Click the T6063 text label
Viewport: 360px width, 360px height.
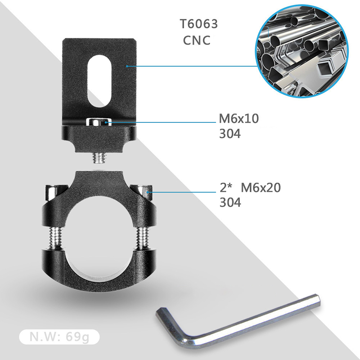pyautogui.click(x=199, y=24)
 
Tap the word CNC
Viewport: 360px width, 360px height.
pyautogui.click(x=197, y=40)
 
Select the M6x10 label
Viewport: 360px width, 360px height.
pyautogui.click(x=239, y=118)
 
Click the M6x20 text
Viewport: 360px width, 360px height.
pyautogui.click(x=261, y=188)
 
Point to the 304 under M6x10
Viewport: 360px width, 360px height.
pyautogui.click(x=230, y=134)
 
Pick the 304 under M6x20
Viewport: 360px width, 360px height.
pyautogui.click(x=230, y=202)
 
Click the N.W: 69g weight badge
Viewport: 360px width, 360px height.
pyautogui.click(x=59, y=337)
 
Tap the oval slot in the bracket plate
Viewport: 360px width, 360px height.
pyautogui.click(x=99, y=81)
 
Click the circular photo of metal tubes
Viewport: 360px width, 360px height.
pyautogui.click(x=302, y=51)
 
